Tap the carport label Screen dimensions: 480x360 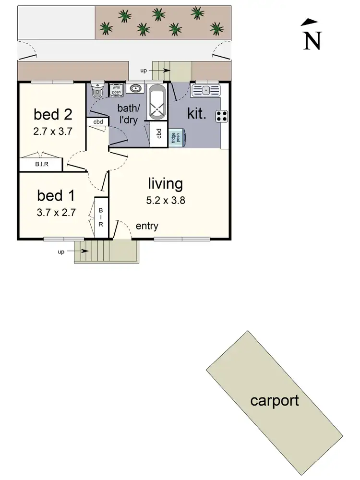click(x=275, y=400)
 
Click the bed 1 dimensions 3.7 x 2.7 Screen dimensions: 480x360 click(x=57, y=213)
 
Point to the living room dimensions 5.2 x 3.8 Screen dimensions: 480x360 click(x=166, y=201)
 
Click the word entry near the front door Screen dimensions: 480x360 click(x=147, y=226)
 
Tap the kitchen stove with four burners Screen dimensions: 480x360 click(x=222, y=115)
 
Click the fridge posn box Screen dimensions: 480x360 click(x=175, y=138)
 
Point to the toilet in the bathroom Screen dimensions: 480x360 click(x=97, y=89)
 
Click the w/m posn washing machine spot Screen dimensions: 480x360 click(x=117, y=90)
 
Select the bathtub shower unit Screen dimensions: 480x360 click(x=156, y=102)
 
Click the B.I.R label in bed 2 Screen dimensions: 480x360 click(x=40, y=165)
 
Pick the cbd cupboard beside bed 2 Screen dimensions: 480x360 click(x=98, y=122)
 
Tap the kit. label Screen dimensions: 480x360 click(x=197, y=114)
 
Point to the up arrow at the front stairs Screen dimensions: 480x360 click(x=84, y=251)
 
